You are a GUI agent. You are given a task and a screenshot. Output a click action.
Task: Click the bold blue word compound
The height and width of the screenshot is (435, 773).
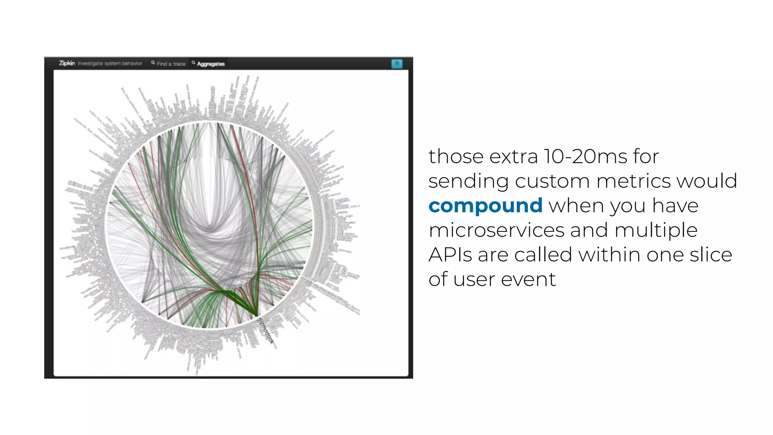(x=485, y=206)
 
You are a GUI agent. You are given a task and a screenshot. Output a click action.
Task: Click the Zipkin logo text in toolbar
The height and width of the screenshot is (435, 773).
(x=67, y=63)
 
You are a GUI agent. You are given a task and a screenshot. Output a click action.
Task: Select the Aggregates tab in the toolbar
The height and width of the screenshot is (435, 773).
(x=211, y=64)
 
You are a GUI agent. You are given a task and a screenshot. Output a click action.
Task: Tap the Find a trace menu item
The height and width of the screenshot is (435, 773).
(x=171, y=64)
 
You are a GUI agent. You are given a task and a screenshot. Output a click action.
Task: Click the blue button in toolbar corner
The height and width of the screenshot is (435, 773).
(x=397, y=63)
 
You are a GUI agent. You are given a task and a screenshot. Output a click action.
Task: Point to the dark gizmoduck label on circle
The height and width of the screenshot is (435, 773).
(x=265, y=330)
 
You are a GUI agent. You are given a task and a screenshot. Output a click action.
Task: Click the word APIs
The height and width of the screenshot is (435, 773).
(x=450, y=255)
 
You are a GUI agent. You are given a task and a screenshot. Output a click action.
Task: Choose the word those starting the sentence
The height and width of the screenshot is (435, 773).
(x=456, y=157)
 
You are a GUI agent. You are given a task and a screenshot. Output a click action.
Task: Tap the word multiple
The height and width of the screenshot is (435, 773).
(x=656, y=230)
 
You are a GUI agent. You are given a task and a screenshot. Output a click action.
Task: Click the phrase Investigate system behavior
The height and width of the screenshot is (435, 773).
(x=110, y=63)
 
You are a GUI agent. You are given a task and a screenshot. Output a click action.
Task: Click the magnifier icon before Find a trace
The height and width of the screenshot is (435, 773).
(x=153, y=63)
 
